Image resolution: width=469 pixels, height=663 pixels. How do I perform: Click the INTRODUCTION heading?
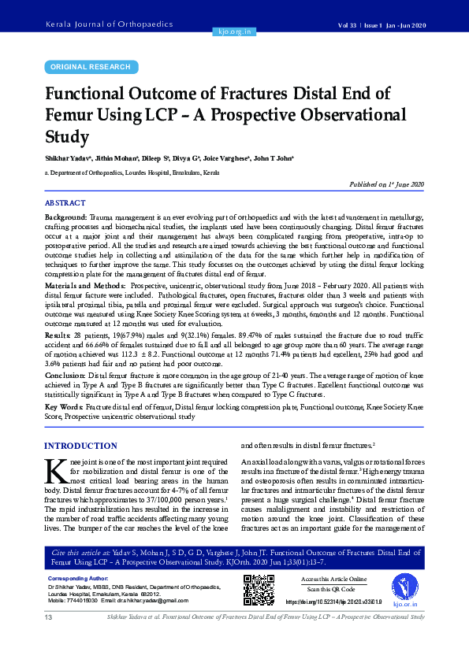(81, 446)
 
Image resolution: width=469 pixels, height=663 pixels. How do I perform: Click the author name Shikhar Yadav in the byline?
(69, 158)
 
